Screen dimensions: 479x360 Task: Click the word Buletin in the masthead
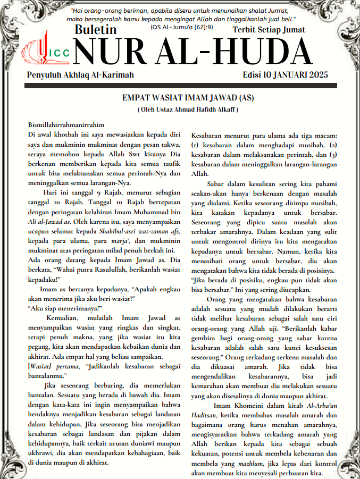point(96,31)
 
